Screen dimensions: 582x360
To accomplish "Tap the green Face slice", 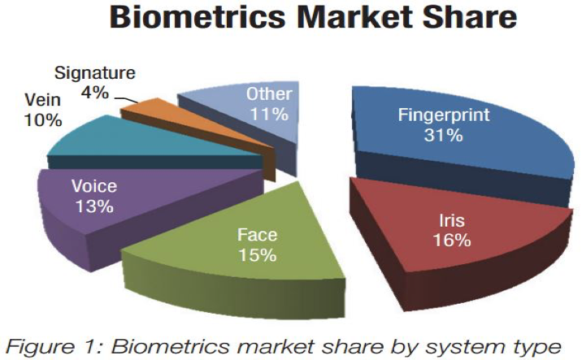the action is coord(237,253).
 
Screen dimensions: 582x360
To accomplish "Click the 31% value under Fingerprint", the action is coord(444,135).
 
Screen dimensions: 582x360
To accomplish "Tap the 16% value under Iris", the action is coord(452,240).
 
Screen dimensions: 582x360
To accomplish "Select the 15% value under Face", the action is coord(257,255).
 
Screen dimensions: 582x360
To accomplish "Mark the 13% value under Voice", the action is coord(94,206).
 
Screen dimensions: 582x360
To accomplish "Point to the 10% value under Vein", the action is coord(43,120).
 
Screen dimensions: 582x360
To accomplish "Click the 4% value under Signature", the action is coord(95,92).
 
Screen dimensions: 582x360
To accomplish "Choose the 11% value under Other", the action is coord(269,114).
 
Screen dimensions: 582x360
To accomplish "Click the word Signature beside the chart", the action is coord(94,73).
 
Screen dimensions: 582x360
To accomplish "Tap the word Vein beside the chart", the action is coord(42,100).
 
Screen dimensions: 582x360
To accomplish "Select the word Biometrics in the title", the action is coord(198,17).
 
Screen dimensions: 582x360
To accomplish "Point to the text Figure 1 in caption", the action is coord(54,347).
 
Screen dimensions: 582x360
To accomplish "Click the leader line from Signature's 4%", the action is coord(126,99).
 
